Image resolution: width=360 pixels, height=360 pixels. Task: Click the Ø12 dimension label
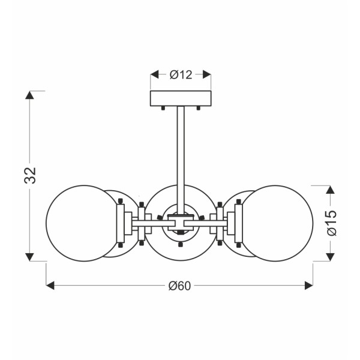180,75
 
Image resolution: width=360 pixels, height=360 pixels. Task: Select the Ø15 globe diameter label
332,223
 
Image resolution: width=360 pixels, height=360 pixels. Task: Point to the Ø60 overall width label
180,286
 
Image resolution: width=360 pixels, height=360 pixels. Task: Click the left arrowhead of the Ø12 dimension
154,75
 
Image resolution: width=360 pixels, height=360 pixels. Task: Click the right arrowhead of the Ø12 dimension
207,75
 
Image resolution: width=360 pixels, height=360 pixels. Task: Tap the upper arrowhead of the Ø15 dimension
329,189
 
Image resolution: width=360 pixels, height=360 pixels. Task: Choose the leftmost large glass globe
83,223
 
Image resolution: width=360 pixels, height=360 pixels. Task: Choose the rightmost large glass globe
277,223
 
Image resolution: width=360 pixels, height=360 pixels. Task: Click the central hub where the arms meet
180,223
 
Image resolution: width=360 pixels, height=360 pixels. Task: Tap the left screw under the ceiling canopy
163,109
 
